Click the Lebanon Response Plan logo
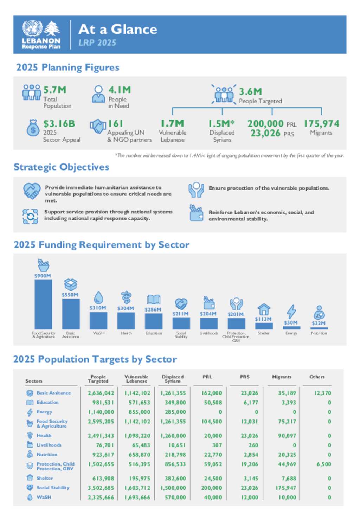41,34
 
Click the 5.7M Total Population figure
55,90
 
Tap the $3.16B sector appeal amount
59,124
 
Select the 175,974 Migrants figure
321,124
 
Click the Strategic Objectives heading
62,167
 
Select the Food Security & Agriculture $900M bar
43,304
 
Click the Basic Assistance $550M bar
71,314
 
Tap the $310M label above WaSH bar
98,308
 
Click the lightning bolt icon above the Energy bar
291,312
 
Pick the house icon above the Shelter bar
264,309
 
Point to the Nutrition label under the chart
319,333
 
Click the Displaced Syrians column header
173,379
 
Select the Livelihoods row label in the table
49,445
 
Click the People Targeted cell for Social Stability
101,488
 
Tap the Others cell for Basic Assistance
322,393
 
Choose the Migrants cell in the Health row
287,436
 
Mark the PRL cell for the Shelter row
213,478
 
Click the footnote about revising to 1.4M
229,155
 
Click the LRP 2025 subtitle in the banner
97,43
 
